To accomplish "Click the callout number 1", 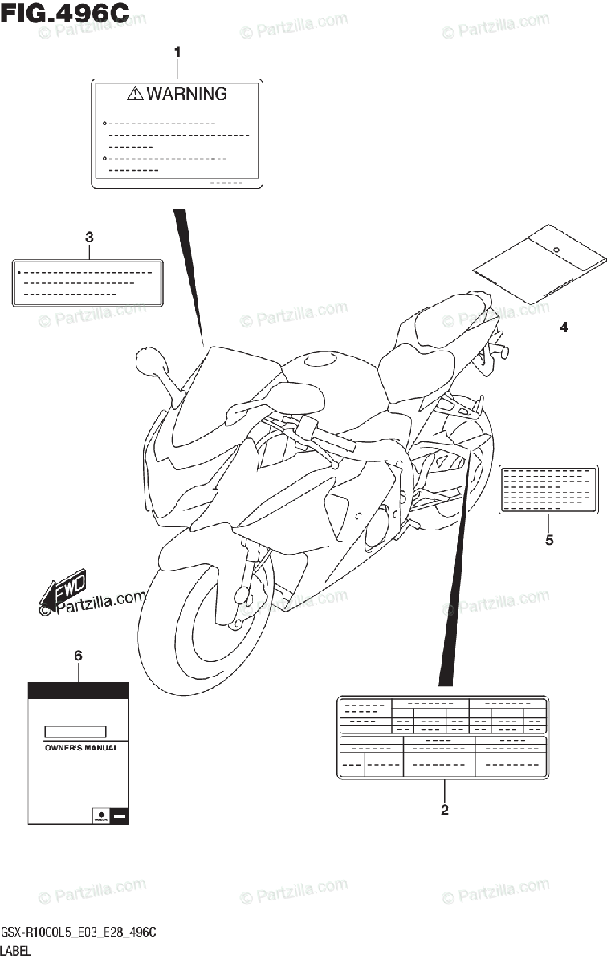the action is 177,52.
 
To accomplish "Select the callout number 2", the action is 444,810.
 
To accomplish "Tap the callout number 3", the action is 89,238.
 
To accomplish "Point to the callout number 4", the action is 564,327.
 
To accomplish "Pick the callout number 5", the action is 549,540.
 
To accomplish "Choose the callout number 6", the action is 78,656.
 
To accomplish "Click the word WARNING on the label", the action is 187,94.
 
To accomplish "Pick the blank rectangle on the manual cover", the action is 75,731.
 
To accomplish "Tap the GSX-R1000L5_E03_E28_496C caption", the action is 78,932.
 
